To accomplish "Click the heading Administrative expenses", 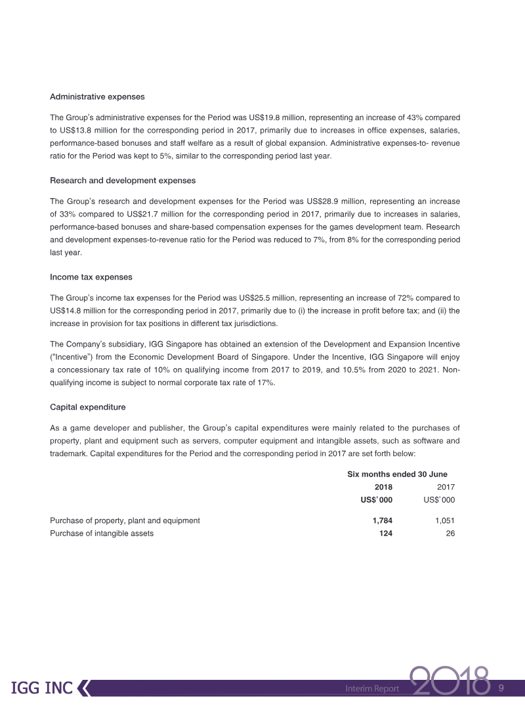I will tap(97, 96).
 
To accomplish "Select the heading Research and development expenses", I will tap(123, 180).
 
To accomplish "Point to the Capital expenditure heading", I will tap(87, 408).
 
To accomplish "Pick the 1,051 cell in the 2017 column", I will tap(445, 520).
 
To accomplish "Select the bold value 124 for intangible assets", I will tap(385, 534).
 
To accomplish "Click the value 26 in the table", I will tap(450, 534).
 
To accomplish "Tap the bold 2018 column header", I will tap(383, 487).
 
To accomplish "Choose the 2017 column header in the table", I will tap(446, 487).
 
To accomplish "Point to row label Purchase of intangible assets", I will tap(102, 534).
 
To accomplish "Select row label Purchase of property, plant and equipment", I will tap(125, 520).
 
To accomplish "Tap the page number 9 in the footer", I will tap(501, 688).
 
